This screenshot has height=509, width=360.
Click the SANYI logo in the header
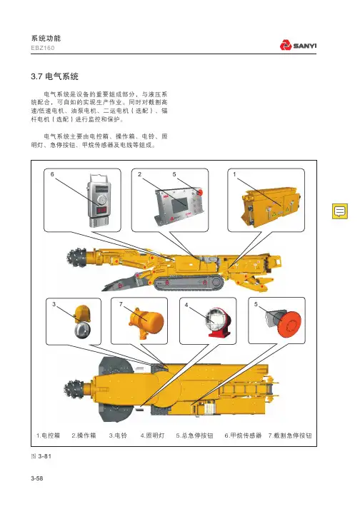coord(298,45)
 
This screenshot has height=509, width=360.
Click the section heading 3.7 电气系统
coord(54,76)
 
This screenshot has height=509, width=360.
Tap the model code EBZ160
coord(43,48)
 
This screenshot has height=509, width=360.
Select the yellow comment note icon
coord(340,211)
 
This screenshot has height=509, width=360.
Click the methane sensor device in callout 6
coord(99,201)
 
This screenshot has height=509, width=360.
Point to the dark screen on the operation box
coord(179,204)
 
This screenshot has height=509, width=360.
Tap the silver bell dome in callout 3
coord(82,330)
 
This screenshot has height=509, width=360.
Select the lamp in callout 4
coord(217,321)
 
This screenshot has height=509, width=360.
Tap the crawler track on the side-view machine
coord(189,283)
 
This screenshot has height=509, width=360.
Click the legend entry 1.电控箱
coord(48,435)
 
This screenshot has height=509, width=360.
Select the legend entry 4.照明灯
coord(152,435)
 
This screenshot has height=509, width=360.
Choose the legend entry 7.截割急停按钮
coord(290,435)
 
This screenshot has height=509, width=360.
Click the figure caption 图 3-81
coord(41,456)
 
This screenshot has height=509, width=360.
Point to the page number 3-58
coord(37,478)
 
